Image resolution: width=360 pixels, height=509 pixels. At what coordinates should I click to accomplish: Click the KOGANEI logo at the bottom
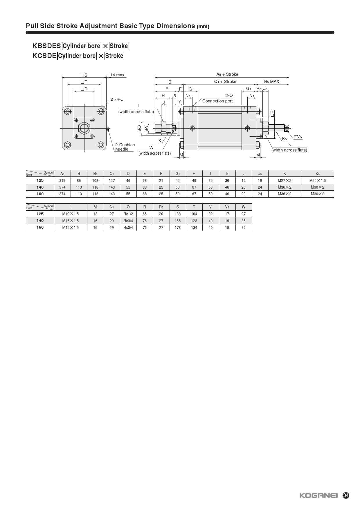[318, 496]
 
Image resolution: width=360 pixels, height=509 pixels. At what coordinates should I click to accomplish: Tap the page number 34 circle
[346, 496]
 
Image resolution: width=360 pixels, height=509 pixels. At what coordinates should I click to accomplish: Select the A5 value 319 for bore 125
[62, 181]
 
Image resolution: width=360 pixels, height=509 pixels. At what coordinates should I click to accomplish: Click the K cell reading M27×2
[285, 181]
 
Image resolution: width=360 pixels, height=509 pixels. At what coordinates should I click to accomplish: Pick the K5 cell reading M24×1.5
[317, 181]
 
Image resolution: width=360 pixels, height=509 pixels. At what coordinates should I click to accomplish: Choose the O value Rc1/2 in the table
[128, 214]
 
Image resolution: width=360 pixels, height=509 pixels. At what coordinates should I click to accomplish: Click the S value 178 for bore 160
[177, 228]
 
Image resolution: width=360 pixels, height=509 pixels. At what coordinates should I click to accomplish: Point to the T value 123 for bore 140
[194, 221]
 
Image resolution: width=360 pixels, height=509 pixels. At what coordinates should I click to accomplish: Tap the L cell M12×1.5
[71, 214]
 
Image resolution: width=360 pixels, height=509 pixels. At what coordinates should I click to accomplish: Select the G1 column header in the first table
[177, 174]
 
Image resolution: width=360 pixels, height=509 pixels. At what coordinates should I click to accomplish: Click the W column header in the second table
[243, 207]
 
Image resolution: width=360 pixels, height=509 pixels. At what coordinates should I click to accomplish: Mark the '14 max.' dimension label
[118, 75]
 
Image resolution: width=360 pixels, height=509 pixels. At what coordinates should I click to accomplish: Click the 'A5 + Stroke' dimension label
[227, 74]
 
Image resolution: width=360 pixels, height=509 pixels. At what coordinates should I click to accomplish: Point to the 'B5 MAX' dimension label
[271, 82]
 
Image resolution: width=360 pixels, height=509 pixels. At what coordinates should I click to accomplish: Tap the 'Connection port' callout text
[217, 101]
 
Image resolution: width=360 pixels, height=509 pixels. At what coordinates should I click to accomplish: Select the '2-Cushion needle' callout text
[125, 147]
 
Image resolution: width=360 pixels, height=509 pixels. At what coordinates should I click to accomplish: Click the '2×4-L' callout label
[116, 99]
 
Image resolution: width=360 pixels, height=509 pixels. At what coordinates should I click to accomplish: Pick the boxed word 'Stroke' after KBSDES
[119, 46]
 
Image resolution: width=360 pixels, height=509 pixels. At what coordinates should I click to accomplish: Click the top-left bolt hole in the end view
[68, 111]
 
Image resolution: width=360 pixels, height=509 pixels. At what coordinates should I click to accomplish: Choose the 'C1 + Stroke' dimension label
[225, 82]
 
